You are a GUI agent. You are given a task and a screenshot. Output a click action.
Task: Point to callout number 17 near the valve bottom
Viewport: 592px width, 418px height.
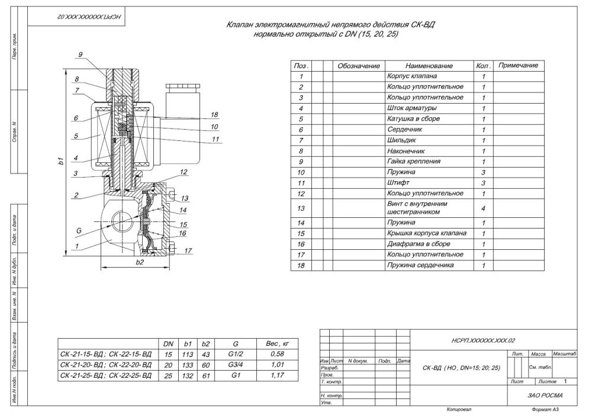click(188, 251)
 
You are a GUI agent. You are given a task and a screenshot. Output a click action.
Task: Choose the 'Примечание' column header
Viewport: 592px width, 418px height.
click(518, 65)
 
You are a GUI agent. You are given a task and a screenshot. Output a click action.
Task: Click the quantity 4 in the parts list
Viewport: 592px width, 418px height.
click(483, 208)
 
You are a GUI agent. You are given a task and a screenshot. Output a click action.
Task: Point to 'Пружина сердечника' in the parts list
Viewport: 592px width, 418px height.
click(420, 265)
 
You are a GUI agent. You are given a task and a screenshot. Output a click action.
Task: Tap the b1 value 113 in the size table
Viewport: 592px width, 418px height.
click(187, 353)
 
